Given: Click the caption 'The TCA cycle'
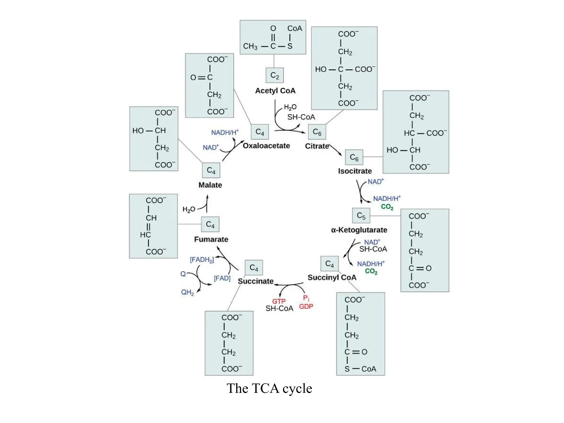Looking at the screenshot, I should [269, 388].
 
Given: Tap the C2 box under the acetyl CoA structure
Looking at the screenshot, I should [275, 75].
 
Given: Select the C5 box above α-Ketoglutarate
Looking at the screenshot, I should [361, 215].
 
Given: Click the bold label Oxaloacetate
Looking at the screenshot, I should [266, 146].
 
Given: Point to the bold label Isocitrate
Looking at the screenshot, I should [355, 171].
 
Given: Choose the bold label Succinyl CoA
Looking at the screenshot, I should [332, 277].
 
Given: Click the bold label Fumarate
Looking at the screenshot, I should [211, 239].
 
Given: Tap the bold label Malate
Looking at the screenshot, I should [210, 185].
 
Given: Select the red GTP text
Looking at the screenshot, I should [279, 301].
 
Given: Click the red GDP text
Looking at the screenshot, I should [306, 307].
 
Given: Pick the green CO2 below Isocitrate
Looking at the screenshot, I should [387, 207].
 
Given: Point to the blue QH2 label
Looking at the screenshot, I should [187, 292].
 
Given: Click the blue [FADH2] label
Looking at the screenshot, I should [202, 260].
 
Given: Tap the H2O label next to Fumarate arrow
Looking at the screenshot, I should [189, 209].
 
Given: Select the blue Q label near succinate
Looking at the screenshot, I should [183, 274].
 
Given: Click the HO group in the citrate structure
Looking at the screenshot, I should [321, 69].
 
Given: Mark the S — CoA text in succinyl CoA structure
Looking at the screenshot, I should [360, 369].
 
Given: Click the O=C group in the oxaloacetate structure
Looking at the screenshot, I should [201, 77].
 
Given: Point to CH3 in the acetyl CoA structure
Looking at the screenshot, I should [250, 46].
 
